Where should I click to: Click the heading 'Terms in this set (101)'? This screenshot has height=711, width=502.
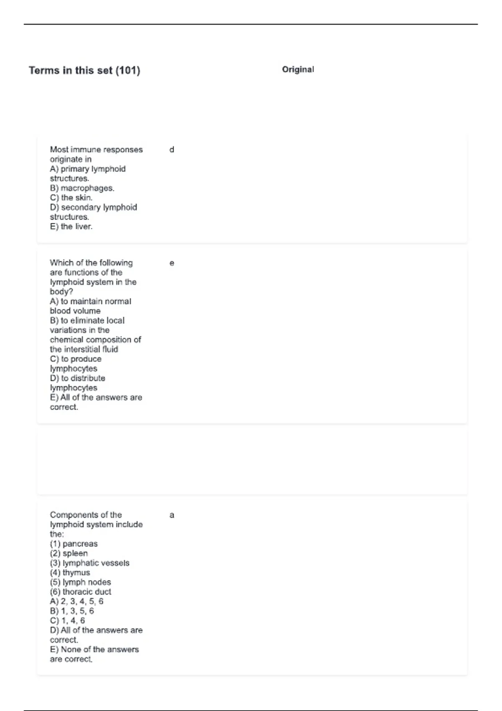84,70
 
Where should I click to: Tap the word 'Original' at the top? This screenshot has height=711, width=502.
298,69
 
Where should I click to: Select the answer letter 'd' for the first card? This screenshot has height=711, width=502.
172,150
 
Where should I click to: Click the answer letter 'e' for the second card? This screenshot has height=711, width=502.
172,263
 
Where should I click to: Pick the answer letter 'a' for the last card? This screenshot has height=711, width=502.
172,515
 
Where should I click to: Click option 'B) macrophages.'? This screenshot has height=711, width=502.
82,188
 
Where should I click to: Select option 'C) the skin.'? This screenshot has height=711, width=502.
71,198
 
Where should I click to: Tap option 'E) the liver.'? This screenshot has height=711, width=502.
71,227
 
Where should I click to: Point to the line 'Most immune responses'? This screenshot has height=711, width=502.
96,150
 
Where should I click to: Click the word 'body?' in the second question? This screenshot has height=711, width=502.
61,292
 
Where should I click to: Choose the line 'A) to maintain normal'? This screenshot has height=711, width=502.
90,301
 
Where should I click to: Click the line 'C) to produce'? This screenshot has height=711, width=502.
75,359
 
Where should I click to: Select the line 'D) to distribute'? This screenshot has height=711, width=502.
77,378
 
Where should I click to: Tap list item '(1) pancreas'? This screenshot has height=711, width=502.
74,544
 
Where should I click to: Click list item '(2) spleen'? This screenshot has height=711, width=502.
69,553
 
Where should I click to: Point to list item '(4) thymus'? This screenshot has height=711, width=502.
70,573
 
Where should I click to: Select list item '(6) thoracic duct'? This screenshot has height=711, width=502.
80,592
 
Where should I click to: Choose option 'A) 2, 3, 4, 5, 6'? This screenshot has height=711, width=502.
77,601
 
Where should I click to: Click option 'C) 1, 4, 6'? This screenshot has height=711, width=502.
67,621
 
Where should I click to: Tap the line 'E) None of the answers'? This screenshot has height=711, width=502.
94,650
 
